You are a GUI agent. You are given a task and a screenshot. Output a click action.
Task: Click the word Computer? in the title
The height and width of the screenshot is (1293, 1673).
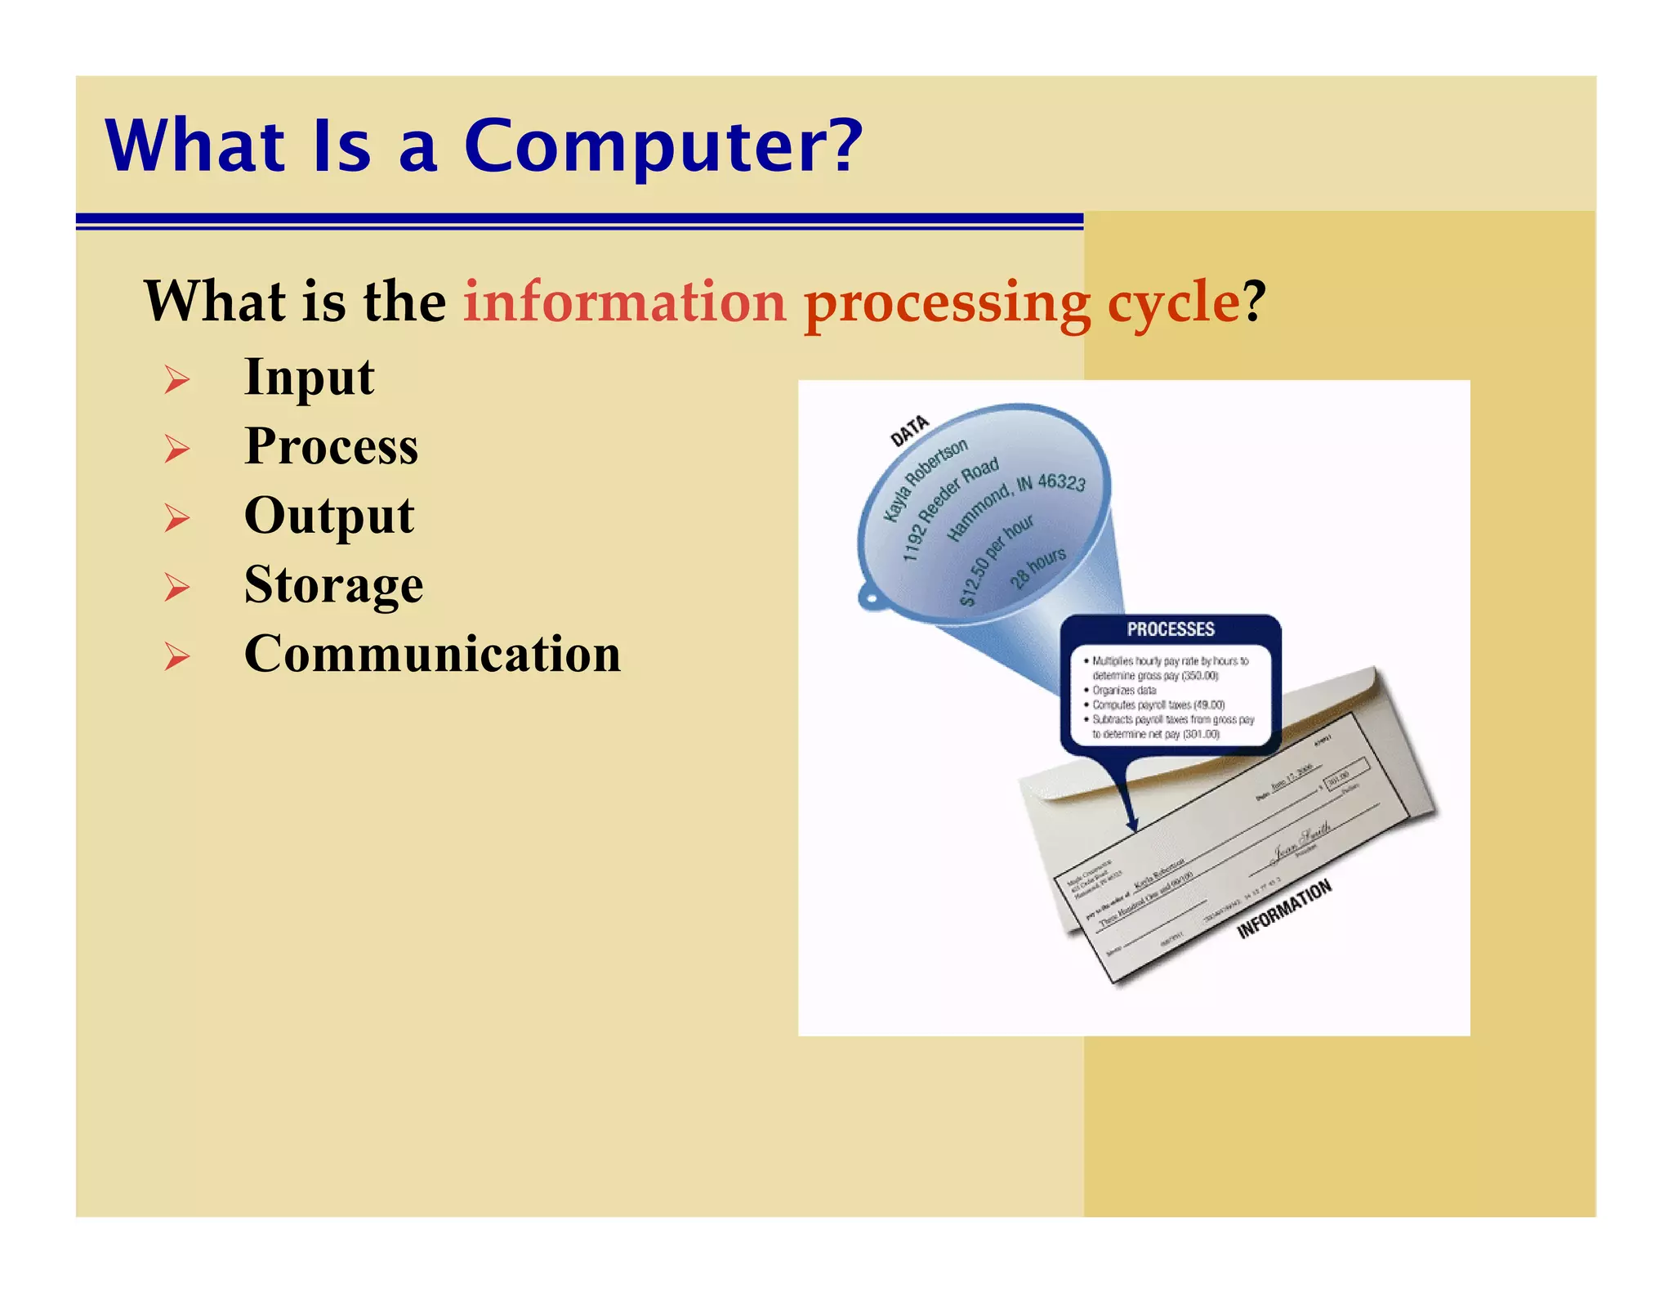click(663, 146)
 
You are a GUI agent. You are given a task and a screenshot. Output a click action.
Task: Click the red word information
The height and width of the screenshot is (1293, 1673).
click(625, 302)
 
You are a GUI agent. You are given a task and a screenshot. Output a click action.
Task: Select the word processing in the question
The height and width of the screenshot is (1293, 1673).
click(947, 303)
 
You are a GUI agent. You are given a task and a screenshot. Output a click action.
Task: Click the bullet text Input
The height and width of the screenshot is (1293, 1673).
click(309, 378)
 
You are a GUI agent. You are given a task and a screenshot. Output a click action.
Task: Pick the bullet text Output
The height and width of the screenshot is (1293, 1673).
click(329, 516)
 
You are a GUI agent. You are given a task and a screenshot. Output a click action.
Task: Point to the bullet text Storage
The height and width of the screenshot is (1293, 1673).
click(333, 585)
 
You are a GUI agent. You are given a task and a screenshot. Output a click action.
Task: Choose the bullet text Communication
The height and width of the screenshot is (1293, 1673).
click(432, 655)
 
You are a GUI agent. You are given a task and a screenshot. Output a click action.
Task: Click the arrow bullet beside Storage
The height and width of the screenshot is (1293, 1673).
click(176, 587)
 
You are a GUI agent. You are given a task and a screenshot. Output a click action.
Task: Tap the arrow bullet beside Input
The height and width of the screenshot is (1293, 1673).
click(176, 379)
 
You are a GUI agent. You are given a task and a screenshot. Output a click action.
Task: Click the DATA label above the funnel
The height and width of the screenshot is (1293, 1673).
click(908, 431)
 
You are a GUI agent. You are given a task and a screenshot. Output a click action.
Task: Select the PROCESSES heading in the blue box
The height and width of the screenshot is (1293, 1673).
click(1170, 629)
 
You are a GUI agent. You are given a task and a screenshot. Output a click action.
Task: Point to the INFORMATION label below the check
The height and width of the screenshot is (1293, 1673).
click(1283, 909)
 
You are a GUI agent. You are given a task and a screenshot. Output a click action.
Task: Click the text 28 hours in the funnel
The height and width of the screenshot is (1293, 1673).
click(1037, 567)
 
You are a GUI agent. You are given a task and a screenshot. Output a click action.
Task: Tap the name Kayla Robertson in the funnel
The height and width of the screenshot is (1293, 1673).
click(925, 481)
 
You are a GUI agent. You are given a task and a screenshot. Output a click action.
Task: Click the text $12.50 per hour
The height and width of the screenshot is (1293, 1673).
click(996, 561)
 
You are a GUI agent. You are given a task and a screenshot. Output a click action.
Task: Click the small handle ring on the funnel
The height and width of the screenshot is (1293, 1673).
click(869, 597)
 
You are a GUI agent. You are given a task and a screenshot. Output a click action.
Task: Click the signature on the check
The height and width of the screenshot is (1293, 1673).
click(1302, 842)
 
